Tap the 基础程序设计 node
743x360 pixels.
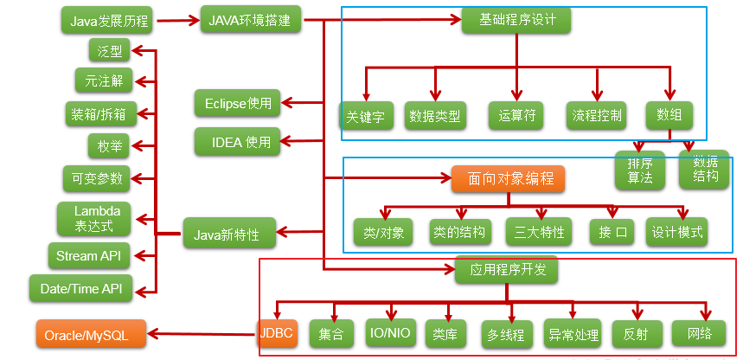tap(517, 19)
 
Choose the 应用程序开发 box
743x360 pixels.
tap(507, 270)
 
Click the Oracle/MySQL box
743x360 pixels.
tap(91, 334)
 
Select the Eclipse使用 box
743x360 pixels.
tap(238, 104)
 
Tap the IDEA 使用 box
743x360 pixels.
tap(238, 140)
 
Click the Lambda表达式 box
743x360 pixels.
tap(96, 219)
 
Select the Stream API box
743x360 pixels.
tap(90, 255)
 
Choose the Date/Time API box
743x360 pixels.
tap(81, 288)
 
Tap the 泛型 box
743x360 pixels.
tap(110, 51)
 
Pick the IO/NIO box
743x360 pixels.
tap(390, 333)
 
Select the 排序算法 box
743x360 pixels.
tap(640, 170)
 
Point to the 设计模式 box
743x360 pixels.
tap(677, 232)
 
